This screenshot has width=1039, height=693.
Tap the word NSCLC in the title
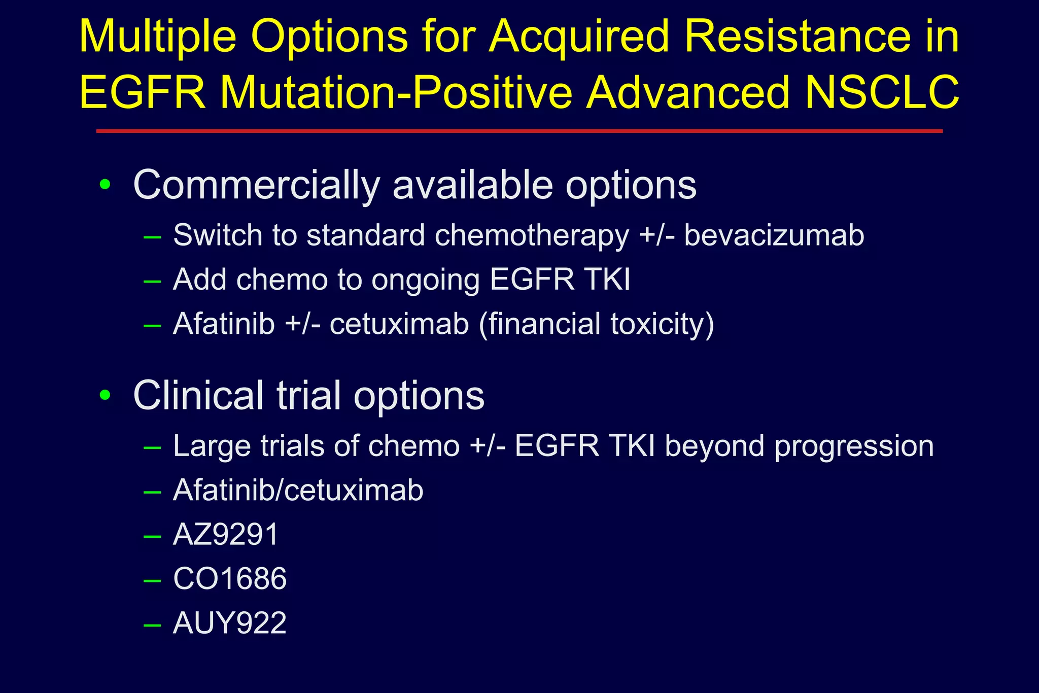pyautogui.click(x=882, y=93)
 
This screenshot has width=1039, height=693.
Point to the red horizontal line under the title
pyautogui.click(x=519, y=131)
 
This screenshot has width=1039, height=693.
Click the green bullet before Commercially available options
pyautogui.click(x=105, y=185)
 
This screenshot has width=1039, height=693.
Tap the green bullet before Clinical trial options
pyautogui.click(x=105, y=395)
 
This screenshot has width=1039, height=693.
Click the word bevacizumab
pyautogui.click(x=774, y=235)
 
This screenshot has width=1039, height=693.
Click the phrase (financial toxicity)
pyautogui.click(x=597, y=324)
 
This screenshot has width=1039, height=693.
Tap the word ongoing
pyautogui.click(x=425, y=280)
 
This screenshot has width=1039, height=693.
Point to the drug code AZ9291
pyautogui.click(x=226, y=535)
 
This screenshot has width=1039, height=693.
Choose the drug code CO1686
pyautogui.click(x=230, y=579)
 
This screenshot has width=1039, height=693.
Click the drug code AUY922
pyautogui.click(x=230, y=623)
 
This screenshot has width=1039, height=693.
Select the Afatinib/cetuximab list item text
pyautogui.click(x=298, y=491)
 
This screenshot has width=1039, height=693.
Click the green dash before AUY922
pyautogui.click(x=152, y=625)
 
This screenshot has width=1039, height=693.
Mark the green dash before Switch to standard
pyautogui.click(x=152, y=236)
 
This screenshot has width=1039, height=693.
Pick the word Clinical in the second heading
pyautogui.click(x=198, y=395)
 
